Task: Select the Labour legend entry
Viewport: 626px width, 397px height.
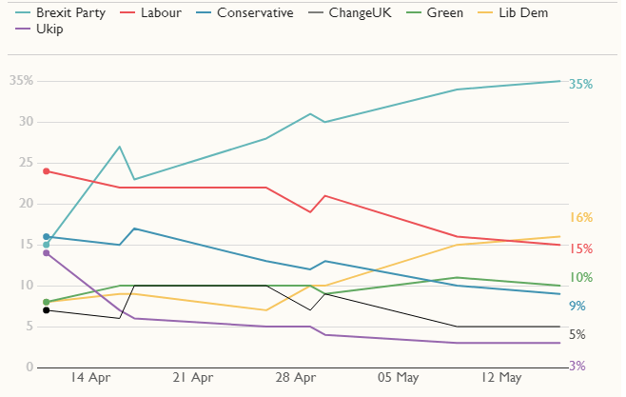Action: click(160, 13)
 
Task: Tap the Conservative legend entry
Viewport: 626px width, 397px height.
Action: click(246, 13)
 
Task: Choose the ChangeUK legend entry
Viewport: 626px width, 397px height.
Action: click(357, 13)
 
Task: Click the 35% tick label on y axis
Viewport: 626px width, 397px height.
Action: click(21, 81)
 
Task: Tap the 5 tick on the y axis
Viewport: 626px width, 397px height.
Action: click(29, 327)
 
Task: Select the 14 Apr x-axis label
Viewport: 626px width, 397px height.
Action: click(91, 378)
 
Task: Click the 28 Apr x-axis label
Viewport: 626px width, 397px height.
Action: click(296, 378)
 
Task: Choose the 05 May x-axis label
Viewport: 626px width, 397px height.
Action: click(398, 378)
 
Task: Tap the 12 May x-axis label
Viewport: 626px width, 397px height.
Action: click(500, 378)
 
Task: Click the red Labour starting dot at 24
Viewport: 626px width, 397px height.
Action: click(46, 171)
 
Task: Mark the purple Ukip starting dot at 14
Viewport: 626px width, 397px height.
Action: click(46, 253)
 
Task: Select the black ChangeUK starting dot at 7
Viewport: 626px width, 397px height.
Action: click(46, 310)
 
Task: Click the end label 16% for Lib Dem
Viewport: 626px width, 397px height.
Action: click(580, 217)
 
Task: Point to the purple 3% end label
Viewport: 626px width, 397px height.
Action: click(577, 366)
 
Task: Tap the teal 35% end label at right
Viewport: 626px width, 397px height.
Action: click(580, 84)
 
